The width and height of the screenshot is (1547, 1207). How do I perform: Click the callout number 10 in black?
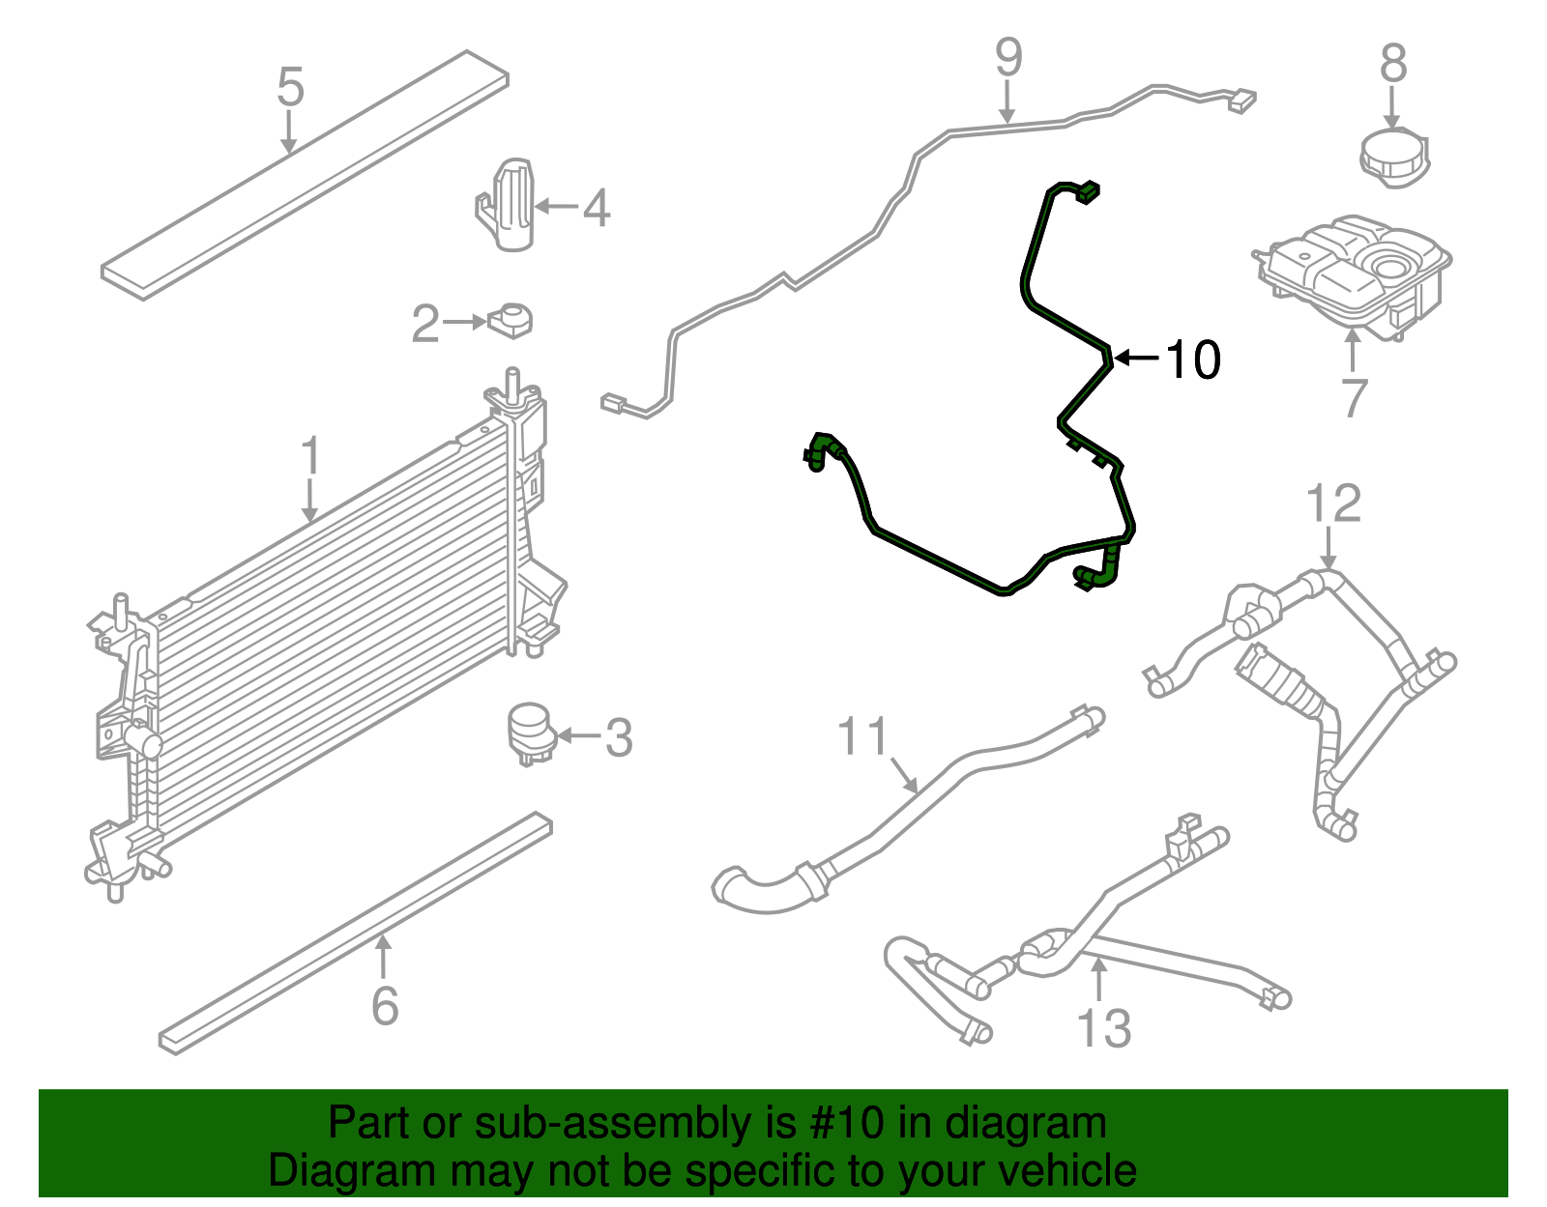pyautogui.click(x=1194, y=359)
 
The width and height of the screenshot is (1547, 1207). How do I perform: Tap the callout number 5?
pyautogui.click(x=290, y=87)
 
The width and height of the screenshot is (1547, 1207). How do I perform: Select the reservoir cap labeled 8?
pyautogui.click(x=1393, y=156)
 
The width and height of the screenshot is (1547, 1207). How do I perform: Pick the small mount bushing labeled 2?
pyautogui.click(x=512, y=320)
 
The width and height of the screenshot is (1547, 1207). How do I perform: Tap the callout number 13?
pyautogui.click(x=1103, y=1028)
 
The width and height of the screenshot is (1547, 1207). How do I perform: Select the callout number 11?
pyautogui.click(x=861, y=737)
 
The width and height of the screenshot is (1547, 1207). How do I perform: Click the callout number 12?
pyautogui.click(x=1333, y=504)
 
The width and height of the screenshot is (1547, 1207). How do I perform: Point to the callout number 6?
pyautogui.click(x=385, y=1006)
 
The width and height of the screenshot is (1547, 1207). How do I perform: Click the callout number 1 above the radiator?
pyautogui.click(x=310, y=456)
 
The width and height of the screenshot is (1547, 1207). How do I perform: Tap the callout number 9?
pyautogui.click(x=1008, y=58)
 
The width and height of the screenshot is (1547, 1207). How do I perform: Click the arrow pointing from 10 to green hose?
pyautogui.click(x=1138, y=359)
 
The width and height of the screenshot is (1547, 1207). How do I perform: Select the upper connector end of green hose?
pyautogui.click(x=1088, y=191)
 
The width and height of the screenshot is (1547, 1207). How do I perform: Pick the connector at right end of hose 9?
pyautogui.click(x=1241, y=100)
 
